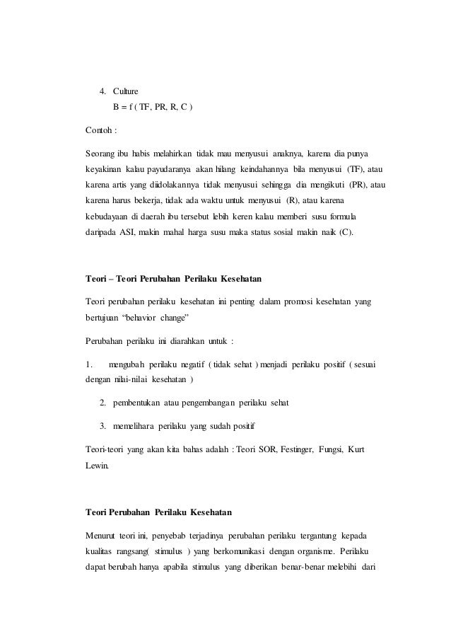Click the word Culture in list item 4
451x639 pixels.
[126, 92]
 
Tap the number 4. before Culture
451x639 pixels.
[103, 92]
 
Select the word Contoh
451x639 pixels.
[98, 130]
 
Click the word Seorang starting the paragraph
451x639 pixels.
[101, 154]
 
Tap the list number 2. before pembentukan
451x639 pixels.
[103, 403]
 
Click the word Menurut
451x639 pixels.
[101, 534]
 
